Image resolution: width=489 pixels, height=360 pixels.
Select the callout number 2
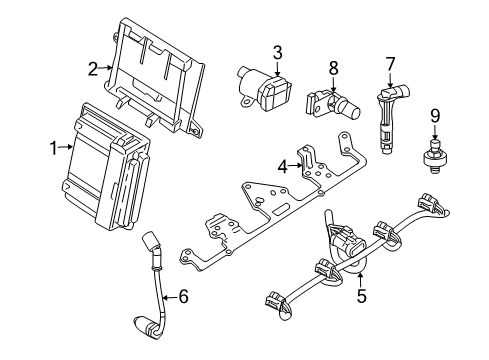tap(92, 68)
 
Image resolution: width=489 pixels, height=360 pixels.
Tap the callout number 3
tap(277, 51)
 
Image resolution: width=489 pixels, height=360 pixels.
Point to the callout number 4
tap(284, 166)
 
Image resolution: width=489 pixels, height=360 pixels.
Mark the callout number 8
tap(334, 68)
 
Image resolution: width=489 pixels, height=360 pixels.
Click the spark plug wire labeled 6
tap(158, 295)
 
